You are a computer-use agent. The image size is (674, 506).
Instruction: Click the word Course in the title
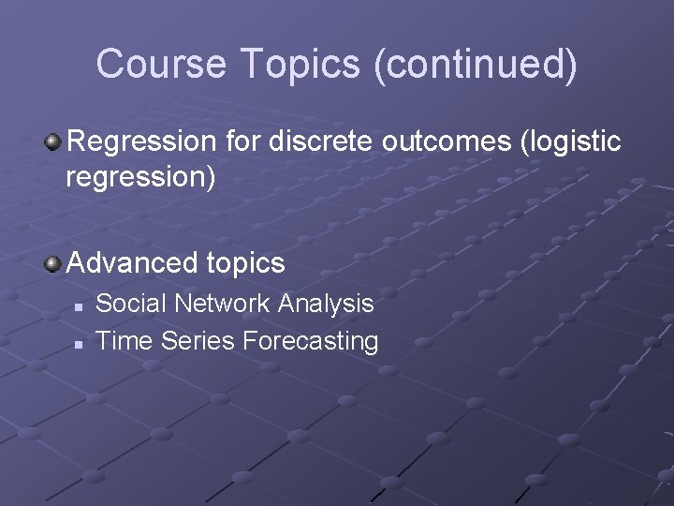point(161,64)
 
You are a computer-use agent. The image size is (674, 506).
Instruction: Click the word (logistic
point(571,141)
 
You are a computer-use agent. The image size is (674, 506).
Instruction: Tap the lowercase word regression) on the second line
point(140,177)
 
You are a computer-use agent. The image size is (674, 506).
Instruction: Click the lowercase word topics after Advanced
point(242,264)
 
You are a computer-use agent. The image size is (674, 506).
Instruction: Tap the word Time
point(125,341)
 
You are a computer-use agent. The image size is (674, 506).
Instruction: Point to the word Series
point(198,341)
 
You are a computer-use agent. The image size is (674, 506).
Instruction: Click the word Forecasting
point(310,341)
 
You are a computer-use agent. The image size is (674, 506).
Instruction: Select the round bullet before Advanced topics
point(54,263)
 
